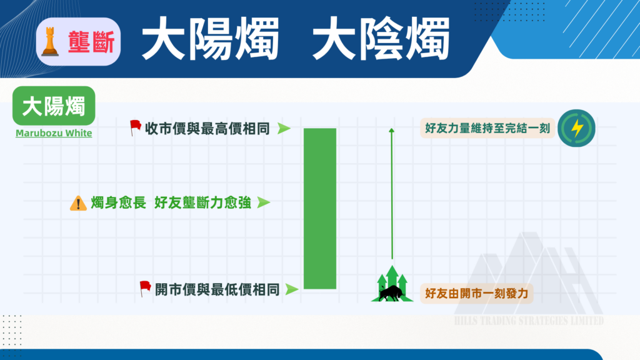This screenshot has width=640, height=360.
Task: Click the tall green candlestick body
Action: click(x=320, y=209)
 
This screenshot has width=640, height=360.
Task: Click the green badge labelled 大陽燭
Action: click(x=54, y=106)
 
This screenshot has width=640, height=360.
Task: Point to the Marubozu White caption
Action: click(x=54, y=133)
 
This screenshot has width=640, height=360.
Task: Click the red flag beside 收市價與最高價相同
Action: click(x=134, y=128)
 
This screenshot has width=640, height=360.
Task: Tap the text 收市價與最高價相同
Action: click(x=207, y=129)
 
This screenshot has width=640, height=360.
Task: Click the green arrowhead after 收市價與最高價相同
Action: click(x=284, y=129)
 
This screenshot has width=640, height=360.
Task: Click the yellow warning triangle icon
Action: click(x=79, y=203)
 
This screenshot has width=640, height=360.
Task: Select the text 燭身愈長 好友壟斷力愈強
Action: click(x=171, y=203)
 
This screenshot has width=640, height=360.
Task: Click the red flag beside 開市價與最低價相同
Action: click(x=145, y=289)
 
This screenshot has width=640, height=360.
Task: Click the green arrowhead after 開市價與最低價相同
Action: click(x=291, y=289)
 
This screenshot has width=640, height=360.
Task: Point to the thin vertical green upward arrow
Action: click(x=392, y=194)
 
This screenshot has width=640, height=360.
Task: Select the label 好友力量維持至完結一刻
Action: click(x=487, y=129)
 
